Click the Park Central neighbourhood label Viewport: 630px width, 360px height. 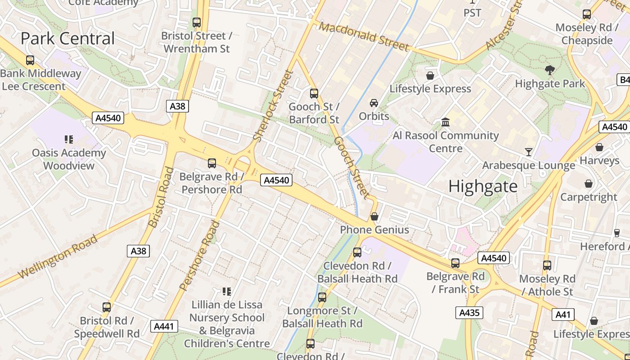point(67,39)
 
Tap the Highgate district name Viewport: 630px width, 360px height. point(483,186)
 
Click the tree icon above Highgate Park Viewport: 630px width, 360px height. point(549,70)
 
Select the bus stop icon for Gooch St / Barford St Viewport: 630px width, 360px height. point(314,94)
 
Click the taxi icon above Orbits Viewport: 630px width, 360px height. point(374,103)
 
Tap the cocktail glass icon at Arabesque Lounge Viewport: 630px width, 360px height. point(529,152)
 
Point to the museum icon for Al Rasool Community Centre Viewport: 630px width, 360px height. point(445,122)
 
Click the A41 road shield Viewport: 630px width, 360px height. point(563,315)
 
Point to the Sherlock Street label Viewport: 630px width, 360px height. point(273,106)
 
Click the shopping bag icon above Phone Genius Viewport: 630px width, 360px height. point(374,217)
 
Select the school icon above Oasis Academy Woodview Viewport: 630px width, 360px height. point(69,139)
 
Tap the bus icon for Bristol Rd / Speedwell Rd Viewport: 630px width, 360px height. point(107,307)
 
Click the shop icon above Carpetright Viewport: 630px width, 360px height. point(589,184)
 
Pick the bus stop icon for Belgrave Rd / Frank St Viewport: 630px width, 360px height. point(455,263)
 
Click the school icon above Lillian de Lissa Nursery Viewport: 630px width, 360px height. point(227,292)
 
